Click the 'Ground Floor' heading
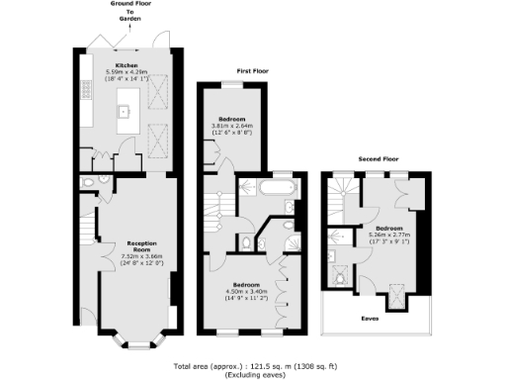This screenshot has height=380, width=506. tap(130, 5)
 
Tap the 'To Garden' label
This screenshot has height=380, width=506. tap(130, 17)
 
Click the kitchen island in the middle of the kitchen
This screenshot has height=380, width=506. tap(126, 109)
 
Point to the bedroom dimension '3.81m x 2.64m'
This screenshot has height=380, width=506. tap(233, 127)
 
